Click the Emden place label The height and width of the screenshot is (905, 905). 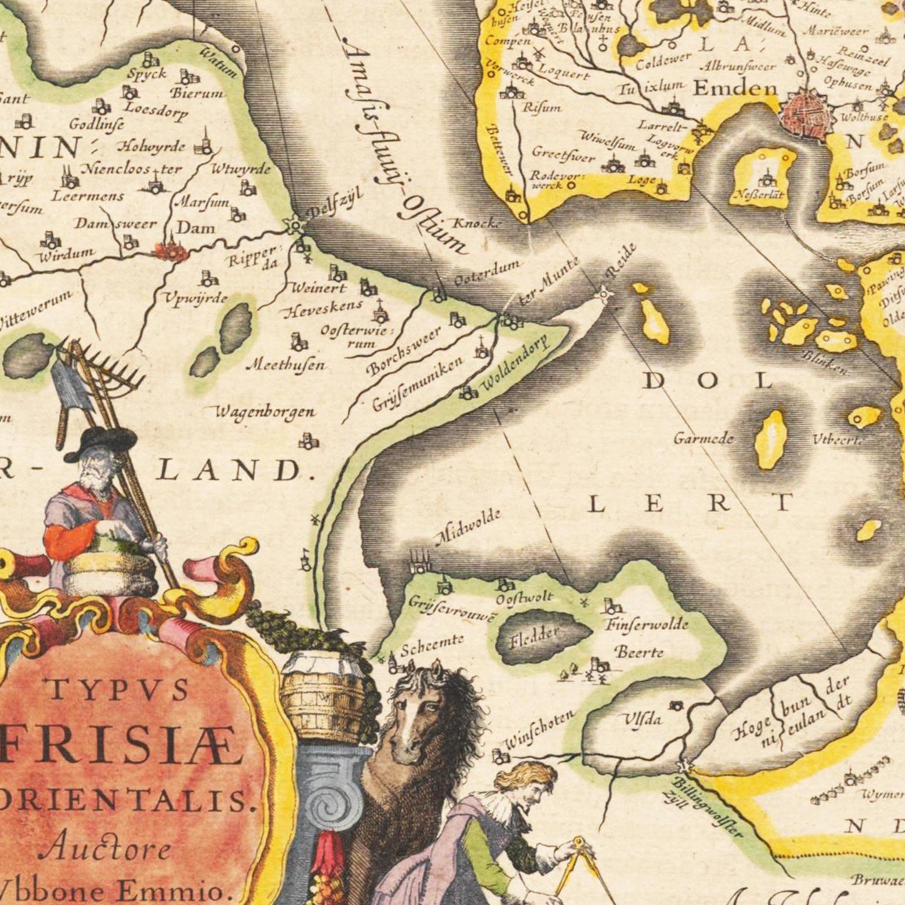coord(735,88)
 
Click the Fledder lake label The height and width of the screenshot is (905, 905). coord(534,636)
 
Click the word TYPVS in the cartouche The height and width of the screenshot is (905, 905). coord(117,690)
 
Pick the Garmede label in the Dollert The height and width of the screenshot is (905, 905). coord(703,438)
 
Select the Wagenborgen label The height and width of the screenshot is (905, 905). coord(265,412)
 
